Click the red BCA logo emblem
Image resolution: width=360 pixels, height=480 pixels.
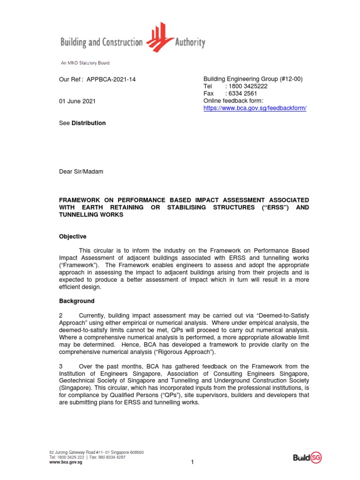160,38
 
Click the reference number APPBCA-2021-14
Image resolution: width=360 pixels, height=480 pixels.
111,80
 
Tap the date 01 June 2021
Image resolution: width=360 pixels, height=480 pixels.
78,101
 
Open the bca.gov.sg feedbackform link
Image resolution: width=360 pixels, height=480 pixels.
255,108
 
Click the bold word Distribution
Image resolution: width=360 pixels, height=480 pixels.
89,123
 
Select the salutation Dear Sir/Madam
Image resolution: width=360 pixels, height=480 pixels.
81,172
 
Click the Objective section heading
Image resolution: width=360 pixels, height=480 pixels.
73,237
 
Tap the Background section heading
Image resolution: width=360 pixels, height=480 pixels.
77,301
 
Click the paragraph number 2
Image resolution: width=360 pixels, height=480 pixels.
61,316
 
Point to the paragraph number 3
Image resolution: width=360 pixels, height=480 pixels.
61,366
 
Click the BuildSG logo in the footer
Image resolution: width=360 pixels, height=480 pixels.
307,457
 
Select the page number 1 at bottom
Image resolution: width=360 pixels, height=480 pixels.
192,462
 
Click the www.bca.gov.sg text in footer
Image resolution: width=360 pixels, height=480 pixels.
66,462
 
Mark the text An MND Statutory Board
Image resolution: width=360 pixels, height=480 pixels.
85,63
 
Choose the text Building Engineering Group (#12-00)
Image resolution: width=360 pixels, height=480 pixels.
253,79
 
